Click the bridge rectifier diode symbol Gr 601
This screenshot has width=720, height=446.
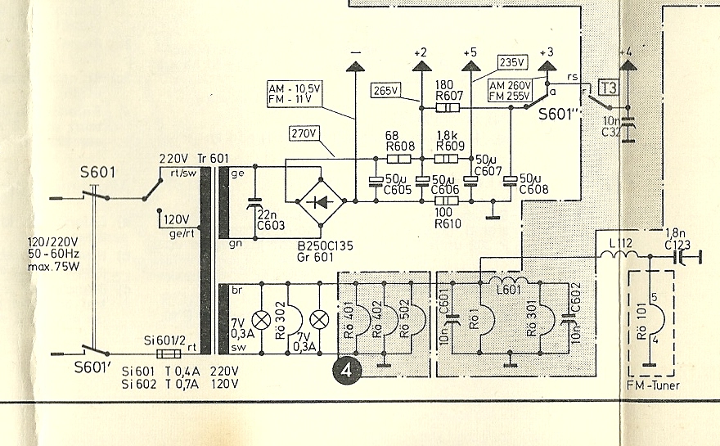(320, 200)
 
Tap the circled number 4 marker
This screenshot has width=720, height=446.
(347, 370)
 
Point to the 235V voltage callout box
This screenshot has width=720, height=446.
(512, 61)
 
